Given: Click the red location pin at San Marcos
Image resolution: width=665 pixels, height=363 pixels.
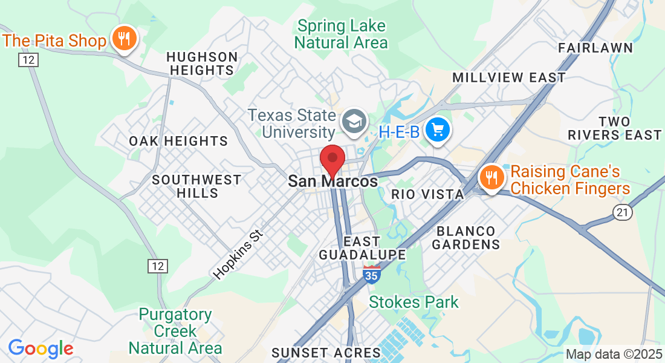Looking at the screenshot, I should click(x=332, y=160).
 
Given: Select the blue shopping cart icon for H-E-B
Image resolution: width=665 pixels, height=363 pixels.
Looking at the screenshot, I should click(x=437, y=130).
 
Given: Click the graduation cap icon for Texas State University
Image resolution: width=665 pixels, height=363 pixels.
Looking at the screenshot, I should click(x=354, y=122).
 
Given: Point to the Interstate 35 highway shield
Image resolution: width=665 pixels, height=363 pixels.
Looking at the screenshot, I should click(x=372, y=273).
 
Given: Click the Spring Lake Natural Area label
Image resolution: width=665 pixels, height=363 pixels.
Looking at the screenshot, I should click(x=342, y=34).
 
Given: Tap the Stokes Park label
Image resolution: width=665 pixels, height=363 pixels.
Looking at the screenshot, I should click(x=414, y=302).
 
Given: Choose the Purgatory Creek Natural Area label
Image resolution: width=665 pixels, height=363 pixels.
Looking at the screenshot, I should click(x=175, y=332).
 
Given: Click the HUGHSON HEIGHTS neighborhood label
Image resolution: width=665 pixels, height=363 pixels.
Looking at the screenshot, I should click(x=202, y=64).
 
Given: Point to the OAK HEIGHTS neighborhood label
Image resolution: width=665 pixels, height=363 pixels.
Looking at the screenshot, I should click(x=178, y=141).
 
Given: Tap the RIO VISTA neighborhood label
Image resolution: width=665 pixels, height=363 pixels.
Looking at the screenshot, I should click(x=427, y=194).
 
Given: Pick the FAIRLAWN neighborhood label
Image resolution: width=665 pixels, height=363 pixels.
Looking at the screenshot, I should click(x=595, y=48).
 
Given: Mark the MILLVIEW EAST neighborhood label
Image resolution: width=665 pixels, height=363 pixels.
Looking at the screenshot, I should click(x=509, y=77).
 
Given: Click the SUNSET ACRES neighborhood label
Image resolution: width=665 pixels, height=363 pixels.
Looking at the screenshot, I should click(x=326, y=352).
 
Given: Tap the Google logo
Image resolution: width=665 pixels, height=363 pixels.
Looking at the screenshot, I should click(x=41, y=348).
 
